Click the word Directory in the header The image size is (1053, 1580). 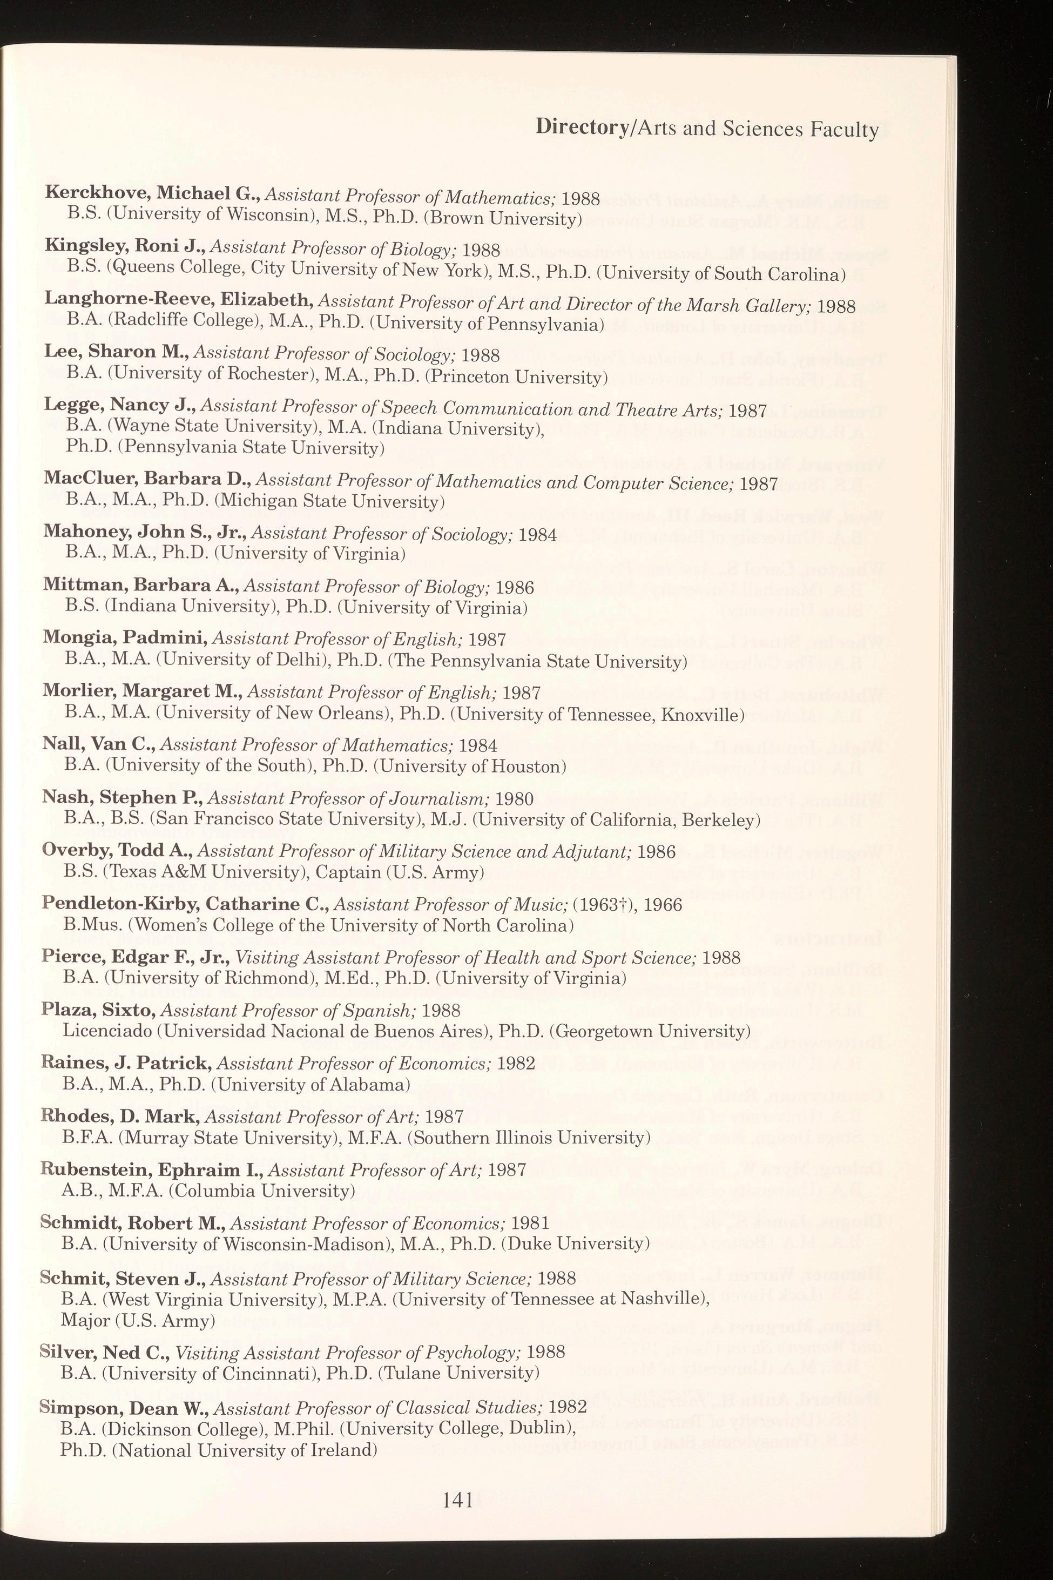pyautogui.click(x=582, y=127)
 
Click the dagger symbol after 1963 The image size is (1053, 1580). pyautogui.click(x=635, y=905)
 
